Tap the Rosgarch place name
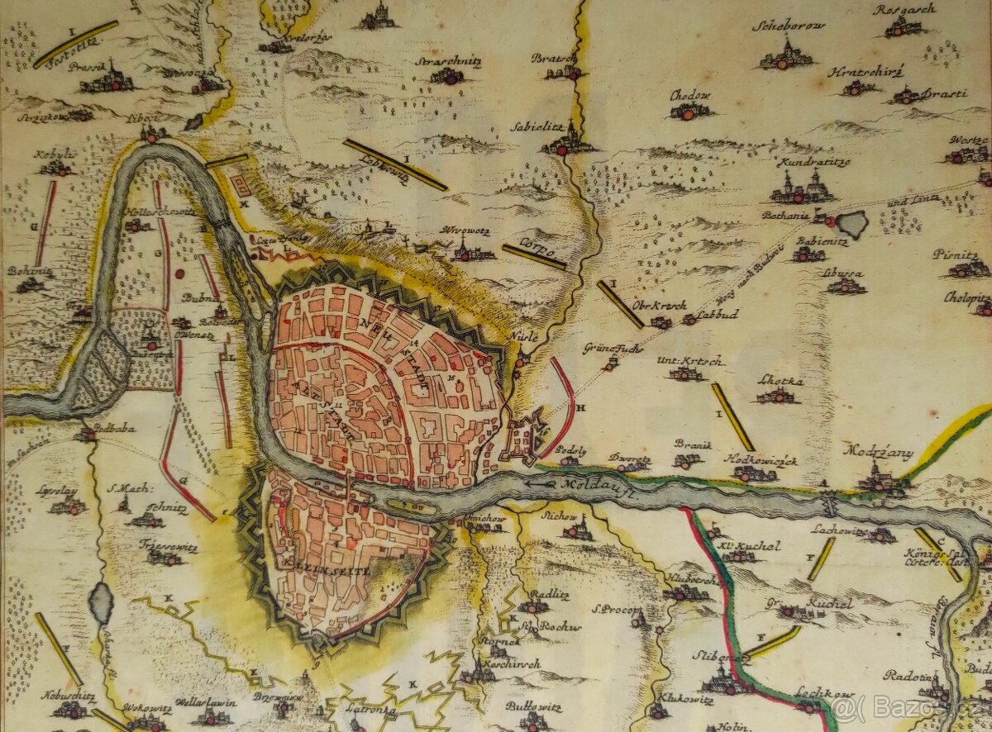pos(904,10)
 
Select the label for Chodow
pos(690,95)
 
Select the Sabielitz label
pos(560,129)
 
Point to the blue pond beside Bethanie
pos(851,223)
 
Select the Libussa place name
pos(843,273)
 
